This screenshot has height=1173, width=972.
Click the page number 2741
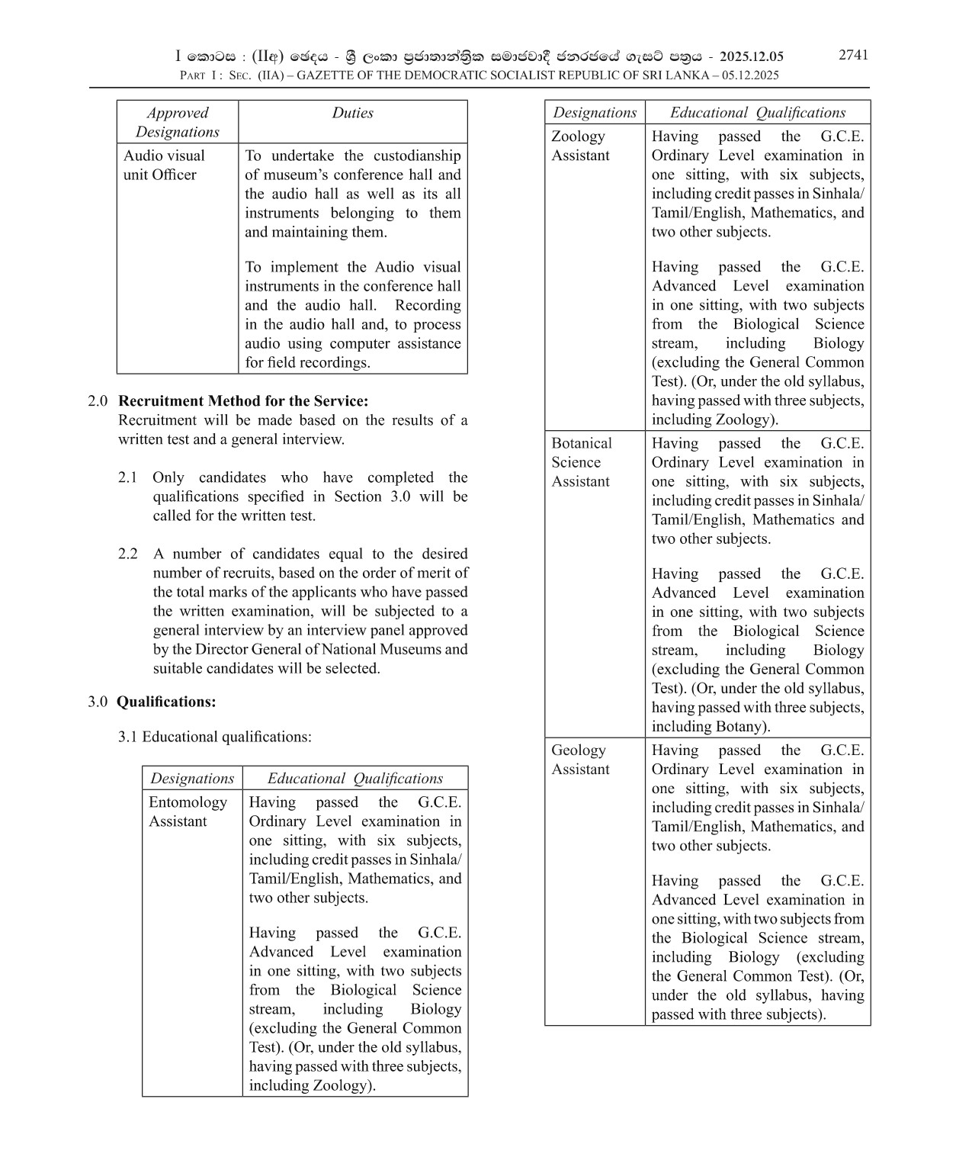click(853, 55)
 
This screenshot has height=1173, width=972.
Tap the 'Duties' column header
click(352, 113)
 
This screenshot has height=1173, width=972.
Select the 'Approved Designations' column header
click(177, 122)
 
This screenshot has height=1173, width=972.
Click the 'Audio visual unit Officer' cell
click(164, 165)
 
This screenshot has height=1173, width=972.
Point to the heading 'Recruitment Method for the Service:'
click(243, 401)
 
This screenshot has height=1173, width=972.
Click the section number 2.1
click(127, 477)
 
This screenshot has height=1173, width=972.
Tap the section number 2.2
click(127, 554)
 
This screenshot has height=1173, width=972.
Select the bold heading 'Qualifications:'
click(166, 702)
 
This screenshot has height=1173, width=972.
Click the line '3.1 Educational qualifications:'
click(214, 737)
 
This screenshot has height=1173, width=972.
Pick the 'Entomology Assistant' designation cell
click(188, 811)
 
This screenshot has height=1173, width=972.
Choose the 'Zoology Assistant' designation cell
click(580, 146)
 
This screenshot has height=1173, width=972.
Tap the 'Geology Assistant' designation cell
click(580, 760)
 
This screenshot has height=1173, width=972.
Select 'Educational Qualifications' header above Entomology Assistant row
click(354, 779)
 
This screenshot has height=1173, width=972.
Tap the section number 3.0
click(97, 702)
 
